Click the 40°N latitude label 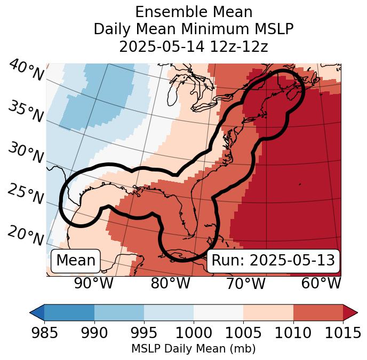[x=26, y=71]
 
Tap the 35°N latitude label [x=26, y=112]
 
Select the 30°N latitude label [x=26, y=153]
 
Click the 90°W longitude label [x=93, y=284]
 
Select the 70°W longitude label [x=245, y=284]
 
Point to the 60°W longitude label [x=321, y=284]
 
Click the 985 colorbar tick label [x=44, y=333]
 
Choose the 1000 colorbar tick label [x=194, y=333]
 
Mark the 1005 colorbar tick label [x=243, y=333]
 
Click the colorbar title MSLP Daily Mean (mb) [x=193, y=349]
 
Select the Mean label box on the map [x=76, y=261]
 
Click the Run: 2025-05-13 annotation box [x=273, y=261]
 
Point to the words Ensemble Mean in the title [x=194, y=12]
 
